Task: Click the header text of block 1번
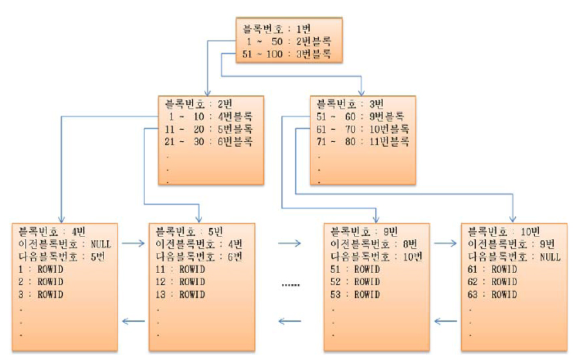point(277,29)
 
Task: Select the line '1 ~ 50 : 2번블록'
point(288,41)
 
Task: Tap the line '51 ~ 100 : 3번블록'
point(287,54)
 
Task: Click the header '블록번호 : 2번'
point(198,104)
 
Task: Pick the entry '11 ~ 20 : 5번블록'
point(209,129)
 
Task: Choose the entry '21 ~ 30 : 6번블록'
point(209,142)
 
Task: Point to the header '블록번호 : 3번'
point(350,104)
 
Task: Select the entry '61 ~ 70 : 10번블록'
point(363,129)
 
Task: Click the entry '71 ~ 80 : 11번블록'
point(363,142)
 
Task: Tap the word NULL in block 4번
point(101,244)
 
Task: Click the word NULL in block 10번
point(550,257)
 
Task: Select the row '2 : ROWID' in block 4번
point(41,282)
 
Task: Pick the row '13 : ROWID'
point(180,295)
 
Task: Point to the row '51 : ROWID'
point(355,269)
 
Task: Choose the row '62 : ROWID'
point(492,282)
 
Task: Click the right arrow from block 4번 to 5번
point(133,244)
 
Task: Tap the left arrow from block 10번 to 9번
point(445,321)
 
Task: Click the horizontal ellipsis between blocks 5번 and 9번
point(290,285)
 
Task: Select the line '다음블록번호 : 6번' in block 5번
point(199,257)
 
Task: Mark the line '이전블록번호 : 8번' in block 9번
point(374,244)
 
